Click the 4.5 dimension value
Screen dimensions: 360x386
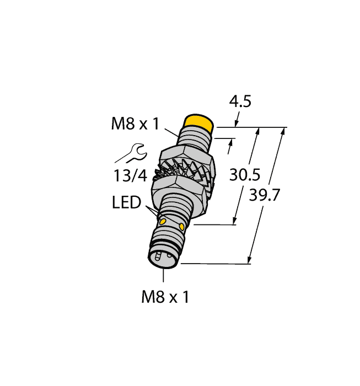[x=240, y=101]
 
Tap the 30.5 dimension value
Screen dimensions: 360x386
[x=245, y=175]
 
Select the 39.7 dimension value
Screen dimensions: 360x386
[x=264, y=195]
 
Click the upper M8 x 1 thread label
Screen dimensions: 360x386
[x=135, y=124]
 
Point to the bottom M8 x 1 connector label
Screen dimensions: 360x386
[x=165, y=297]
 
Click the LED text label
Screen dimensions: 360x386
[x=126, y=202]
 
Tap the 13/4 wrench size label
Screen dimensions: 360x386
[x=130, y=176]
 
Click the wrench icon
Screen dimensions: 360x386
[x=132, y=153]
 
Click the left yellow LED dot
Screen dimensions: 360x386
[x=163, y=222]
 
